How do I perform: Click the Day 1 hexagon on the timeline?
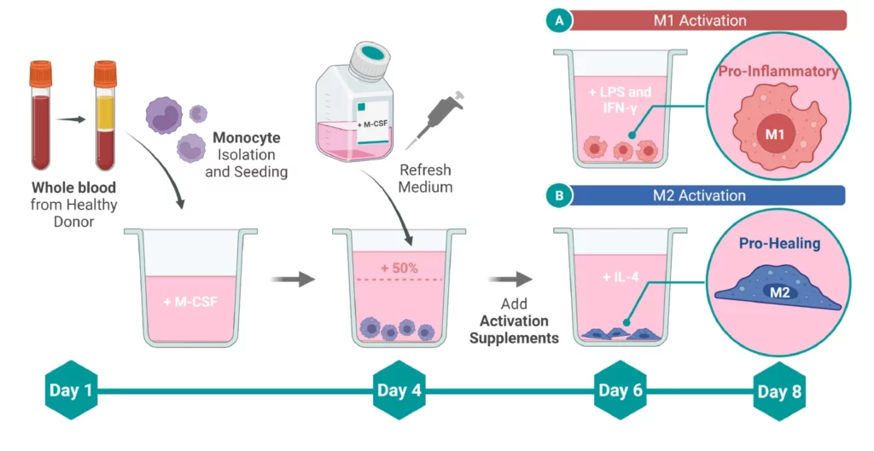(x=70, y=391)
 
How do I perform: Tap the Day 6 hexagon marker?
(x=621, y=391)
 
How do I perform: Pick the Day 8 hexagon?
(x=779, y=391)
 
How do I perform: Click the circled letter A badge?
(x=559, y=21)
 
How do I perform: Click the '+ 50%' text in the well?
(x=399, y=268)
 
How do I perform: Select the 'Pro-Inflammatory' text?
(x=778, y=72)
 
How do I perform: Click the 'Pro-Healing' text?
(x=780, y=244)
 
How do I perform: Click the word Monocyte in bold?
(x=246, y=137)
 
